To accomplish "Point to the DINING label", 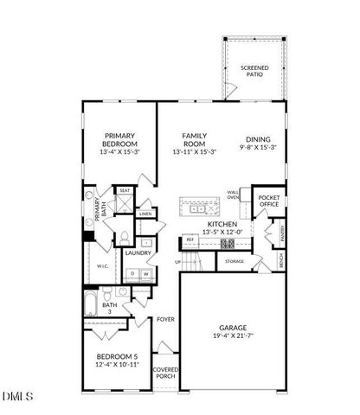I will [x=258, y=140].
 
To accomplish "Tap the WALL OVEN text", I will [x=234, y=195].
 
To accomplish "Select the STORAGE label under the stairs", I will [x=235, y=260].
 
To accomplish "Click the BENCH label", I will [x=280, y=259].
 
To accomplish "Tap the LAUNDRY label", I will [x=138, y=252].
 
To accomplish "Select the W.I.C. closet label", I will [x=102, y=266].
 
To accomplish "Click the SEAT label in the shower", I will [x=125, y=191].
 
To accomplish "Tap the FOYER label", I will [x=165, y=319].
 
